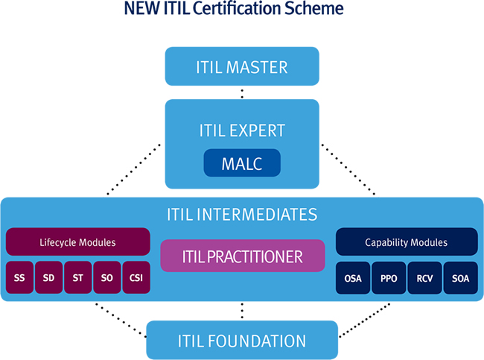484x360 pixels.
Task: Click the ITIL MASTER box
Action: tap(242, 66)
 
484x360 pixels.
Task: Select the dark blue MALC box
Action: tap(242, 162)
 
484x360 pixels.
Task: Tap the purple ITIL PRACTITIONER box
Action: tap(243, 256)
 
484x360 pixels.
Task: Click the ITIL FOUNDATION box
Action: tap(242, 340)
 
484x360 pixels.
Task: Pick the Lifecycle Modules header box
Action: tap(77, 242)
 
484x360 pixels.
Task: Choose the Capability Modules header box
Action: tap(407, 242)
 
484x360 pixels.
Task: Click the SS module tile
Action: tap(19, 277)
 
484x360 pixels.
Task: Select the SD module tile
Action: tap(48, 277)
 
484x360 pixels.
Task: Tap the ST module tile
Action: tap(77, 277)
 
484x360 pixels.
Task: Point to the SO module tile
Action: tap(107, 277)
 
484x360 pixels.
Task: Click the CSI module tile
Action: tap(136, 277)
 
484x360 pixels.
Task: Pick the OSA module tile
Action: tap(353, 278)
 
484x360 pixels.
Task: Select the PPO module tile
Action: tap(389, 278)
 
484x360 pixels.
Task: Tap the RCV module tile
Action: tap(424, 278)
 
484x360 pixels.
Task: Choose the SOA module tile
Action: tap(460, 278)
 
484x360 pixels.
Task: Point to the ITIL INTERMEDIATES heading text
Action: tap(242, 214)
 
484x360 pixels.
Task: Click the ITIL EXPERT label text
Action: tap(242, 130)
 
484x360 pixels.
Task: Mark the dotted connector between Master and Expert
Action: tap(242, 94)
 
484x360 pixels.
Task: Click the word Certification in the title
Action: tap(237, 8)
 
